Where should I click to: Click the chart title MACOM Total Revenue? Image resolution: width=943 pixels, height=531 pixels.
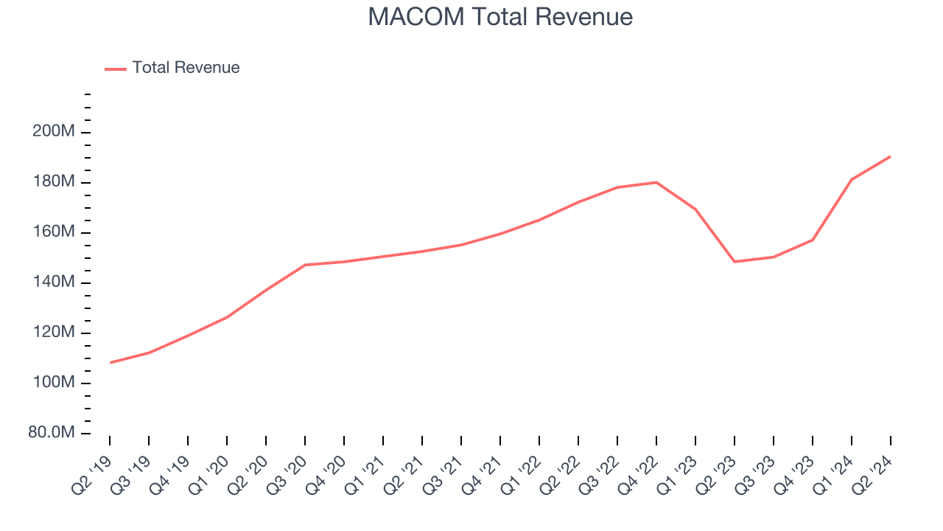click(500, 17)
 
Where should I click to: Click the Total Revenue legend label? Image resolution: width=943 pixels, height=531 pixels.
click(186, 68)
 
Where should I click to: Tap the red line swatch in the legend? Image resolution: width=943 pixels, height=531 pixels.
click(116, 69)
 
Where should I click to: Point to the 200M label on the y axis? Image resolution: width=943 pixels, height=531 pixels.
click(53, 132)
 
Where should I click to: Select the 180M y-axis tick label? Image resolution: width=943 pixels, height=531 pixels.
click(53, 182)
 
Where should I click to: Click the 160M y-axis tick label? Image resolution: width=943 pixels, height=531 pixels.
click(53, 232)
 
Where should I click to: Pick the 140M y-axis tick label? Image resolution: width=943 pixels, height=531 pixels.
click(53, 282)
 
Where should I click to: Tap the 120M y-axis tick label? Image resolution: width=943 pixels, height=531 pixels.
click(53, 333)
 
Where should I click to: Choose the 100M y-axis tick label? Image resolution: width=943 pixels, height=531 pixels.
click(53, 383)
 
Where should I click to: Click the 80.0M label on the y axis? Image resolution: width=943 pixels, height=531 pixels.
click(52, 433)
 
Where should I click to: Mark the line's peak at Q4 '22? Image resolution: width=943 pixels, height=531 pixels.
click(656, 182)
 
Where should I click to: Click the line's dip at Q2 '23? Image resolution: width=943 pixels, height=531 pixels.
click(735, 262)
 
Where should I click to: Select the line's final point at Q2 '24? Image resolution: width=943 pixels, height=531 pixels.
click(890, 156)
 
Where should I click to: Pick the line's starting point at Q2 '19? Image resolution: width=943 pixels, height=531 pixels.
click(111, 362)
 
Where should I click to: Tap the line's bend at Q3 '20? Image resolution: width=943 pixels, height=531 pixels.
click(305, 265)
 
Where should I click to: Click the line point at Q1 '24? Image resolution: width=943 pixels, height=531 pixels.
click(852, 179)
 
